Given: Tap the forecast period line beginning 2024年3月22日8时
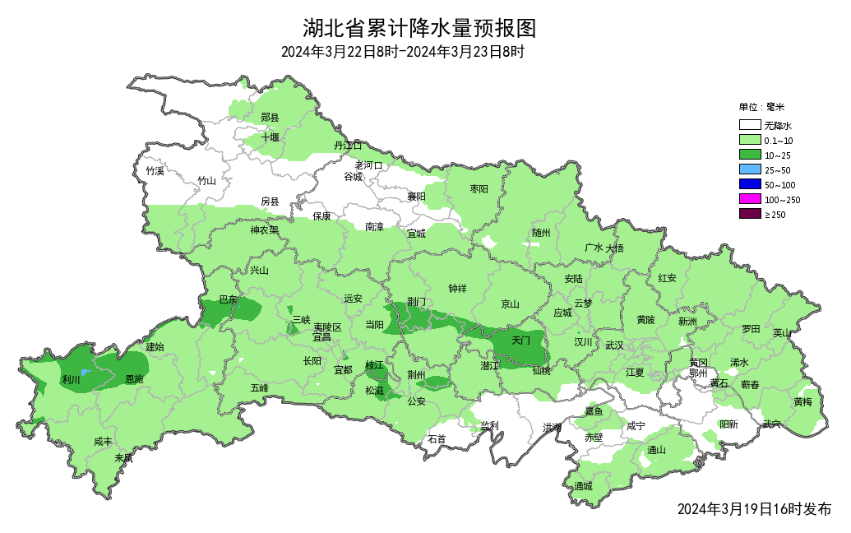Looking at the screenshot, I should pos(403,52).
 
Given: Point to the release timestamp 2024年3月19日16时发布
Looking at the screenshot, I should pos(754,509).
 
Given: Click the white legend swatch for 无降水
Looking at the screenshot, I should pos(749,126).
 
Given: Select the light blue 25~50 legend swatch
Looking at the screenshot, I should pos(749,169).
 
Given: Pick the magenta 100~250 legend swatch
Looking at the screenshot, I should pos(749,199).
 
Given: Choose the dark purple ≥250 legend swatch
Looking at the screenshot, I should pos(749,214).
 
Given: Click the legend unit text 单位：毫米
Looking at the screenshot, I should pos(761,107).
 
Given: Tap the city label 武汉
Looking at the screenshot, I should pos(614,345).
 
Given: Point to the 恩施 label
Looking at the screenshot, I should pos(134,380).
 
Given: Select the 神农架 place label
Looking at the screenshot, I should pos(265,230).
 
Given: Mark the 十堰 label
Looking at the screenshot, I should pos(271,137).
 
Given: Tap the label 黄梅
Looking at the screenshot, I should pos(803,401).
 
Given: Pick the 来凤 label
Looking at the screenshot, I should pos(123,458).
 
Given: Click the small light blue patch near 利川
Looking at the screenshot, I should pos(86,373).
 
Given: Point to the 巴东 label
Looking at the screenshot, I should pos(228,300).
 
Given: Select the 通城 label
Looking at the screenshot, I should pos(584,486).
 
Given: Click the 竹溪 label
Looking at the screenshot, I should pos(155,171).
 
